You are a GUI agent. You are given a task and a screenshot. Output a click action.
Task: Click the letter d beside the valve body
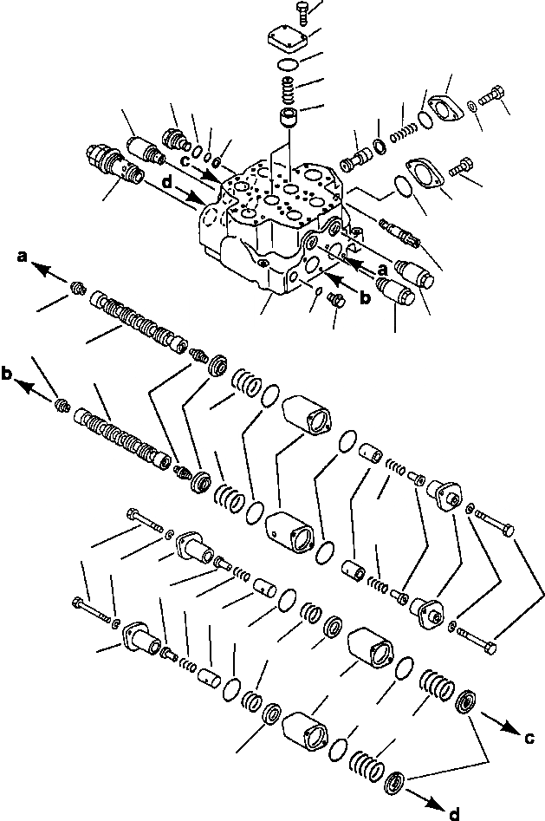(166, 182)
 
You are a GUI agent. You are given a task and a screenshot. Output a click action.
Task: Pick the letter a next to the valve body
(382, 270)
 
